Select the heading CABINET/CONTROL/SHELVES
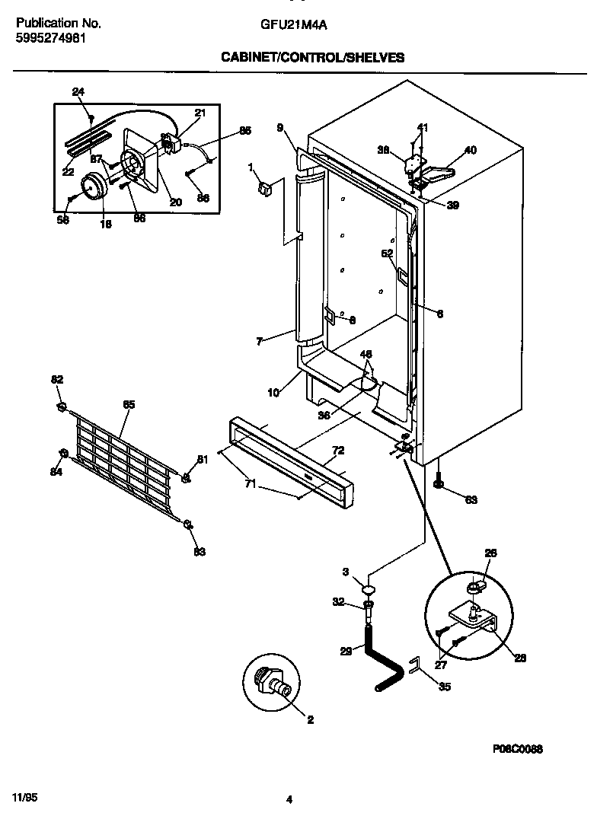click(x=312, y=57)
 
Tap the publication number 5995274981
click(x=50, y=37)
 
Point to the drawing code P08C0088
click(x=517, y=749)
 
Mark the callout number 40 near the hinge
click(x=471, y=150)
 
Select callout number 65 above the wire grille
click(x=129, y=404)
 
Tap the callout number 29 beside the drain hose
click(x=346, y=650)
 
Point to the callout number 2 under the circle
click(x=310, y=719)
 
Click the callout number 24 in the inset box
click(x=78, y=92)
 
